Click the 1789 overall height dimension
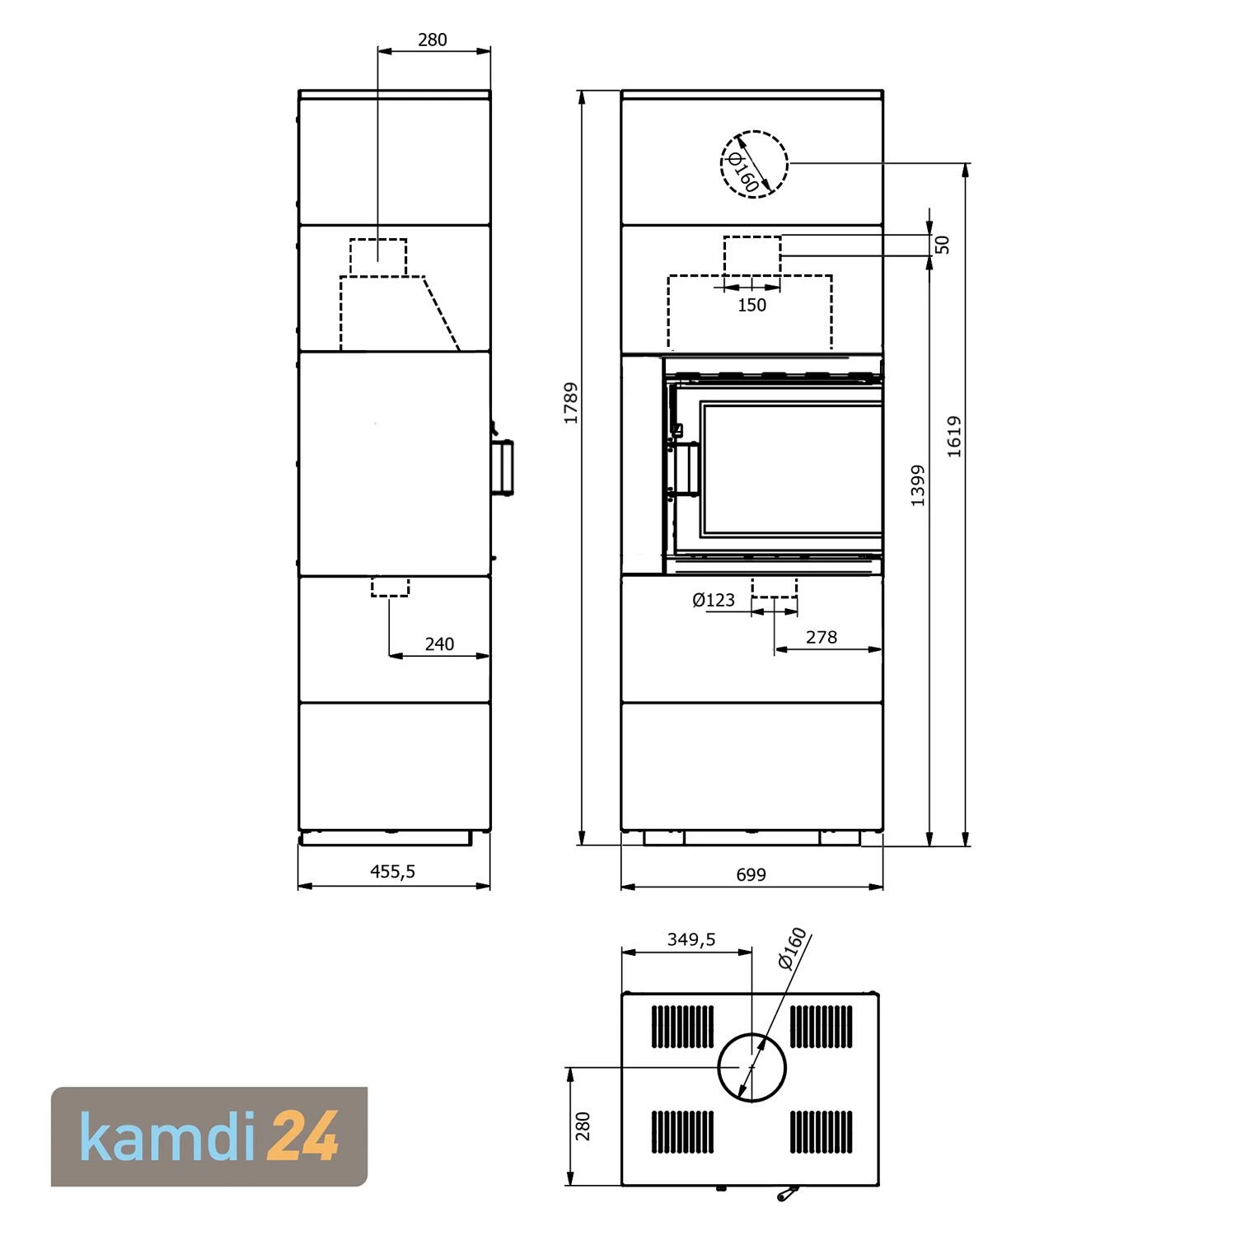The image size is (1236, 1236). (570, 403)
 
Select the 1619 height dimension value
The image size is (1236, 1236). (954, 437)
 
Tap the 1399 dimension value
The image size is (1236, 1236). (918, 485)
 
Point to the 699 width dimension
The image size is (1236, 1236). (751, 874)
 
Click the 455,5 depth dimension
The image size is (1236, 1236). (393, 871)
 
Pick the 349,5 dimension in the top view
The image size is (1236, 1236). (691, 939)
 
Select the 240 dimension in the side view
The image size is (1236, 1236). (439, 644)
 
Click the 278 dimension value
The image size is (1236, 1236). (822, 637)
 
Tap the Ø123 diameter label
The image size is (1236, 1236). (714, 600)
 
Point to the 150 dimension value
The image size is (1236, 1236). (751, 305)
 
